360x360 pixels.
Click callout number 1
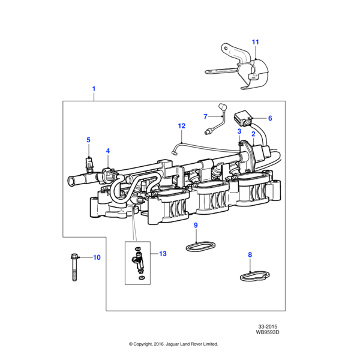[x=94, y=89]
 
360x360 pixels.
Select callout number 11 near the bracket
[x=255, y=42]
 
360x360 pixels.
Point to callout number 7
[x=205, y=116]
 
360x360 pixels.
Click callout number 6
[x=270, y=118]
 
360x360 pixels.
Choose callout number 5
[x=88, y=140]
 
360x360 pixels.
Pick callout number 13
[x=163, y=254]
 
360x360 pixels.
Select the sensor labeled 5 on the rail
[x=89, y=162]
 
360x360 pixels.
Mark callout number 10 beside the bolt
[x=97, y=257]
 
